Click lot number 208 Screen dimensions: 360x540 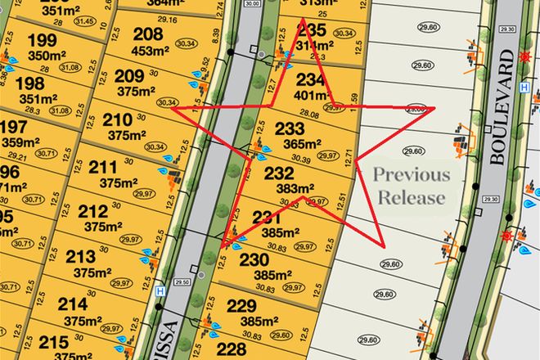click(x=147, y=34)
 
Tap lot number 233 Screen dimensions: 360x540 click(x=292, y=128)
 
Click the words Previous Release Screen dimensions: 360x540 click(x=412, y=186)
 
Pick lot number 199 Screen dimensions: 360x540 click(x=41, y=39)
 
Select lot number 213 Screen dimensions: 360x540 click(x=81, y=255)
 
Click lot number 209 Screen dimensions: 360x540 click(x=129, y=76)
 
